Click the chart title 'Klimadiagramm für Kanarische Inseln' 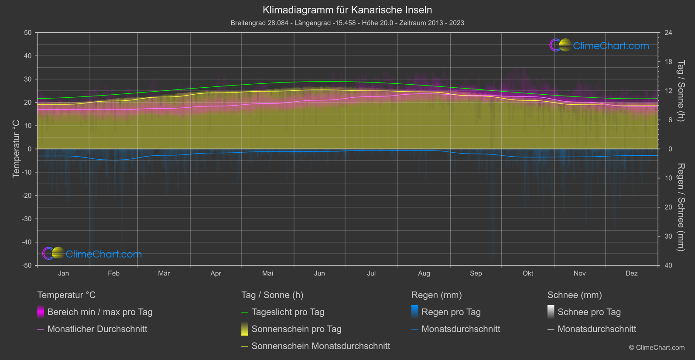point(347,10)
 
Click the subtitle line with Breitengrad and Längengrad point(347,23)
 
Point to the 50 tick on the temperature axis point(28,33)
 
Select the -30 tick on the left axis point(27,219)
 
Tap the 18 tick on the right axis point(668,62)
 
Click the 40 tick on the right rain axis point(668,265)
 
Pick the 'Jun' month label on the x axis point(319,273)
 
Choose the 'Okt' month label point(528,273)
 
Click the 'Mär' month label point(164,273)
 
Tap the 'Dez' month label point(631,273)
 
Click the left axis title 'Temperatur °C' point(16,149)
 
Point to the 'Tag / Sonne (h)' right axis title point(681,91)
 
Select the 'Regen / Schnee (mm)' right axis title point(681,207)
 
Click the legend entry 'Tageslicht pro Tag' point(288,312)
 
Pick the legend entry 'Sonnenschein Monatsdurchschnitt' point(321,346)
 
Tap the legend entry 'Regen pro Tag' point(451,312)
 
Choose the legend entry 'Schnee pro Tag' point(589,312)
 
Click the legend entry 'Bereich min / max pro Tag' point(99,312)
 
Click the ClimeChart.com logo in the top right point(599,45)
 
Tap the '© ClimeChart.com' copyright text point(657,348)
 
